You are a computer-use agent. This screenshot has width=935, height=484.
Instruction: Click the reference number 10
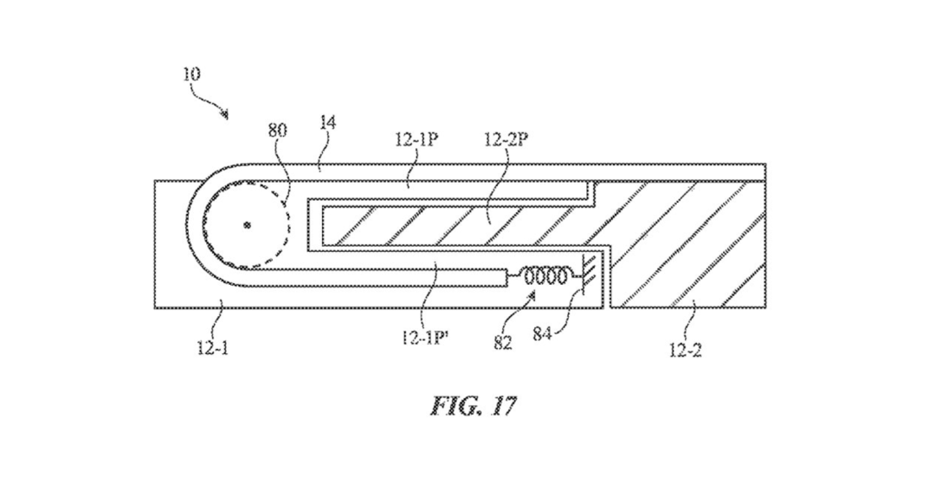[x=191, y=74]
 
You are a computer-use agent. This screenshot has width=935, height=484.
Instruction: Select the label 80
[x=278, y=130]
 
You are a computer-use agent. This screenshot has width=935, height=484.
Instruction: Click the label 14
[x=327, y=123]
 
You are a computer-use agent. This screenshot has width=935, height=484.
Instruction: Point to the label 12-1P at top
[x=416, y=139]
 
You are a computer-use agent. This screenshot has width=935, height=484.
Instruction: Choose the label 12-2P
[x=506, y=139]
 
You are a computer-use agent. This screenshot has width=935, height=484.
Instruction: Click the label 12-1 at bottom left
[x=213, y=347]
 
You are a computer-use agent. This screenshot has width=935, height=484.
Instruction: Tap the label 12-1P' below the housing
[x=424, y=339]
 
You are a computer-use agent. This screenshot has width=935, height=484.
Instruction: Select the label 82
[x=503, y=343]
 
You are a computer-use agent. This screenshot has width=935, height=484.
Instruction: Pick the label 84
[x=542, y=334]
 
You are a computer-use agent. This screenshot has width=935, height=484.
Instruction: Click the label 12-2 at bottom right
[x=685, y=350]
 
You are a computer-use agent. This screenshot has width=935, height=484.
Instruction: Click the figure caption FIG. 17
[x=473, y=405]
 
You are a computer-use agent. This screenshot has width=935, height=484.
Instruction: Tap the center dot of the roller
[x=247, y=225]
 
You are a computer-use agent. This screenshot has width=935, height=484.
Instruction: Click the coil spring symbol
[x=545, y=276]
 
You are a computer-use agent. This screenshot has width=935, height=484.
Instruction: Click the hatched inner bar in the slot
[x=453, y=225]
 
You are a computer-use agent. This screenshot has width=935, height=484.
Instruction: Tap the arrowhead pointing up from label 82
[x=533, y=293]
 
